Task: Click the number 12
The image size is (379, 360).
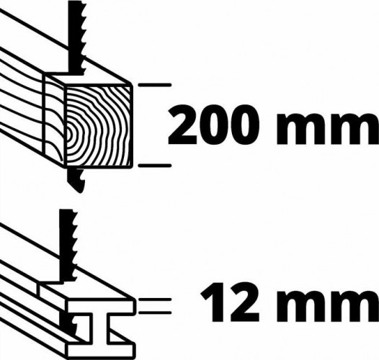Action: pyautogui.click(x=230, y=302)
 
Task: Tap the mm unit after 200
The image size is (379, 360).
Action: pyautogui.click(x=328, y=129)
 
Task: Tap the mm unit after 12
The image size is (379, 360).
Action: pyautogui.click(x=328, y=305)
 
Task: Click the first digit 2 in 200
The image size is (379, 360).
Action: pyautogui.click(x=182, y=125)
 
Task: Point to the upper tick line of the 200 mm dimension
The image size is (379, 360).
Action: pyautogui.click(x=154, y=85)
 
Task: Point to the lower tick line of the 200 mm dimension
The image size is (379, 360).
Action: pyautogui.click(x=154, y=166)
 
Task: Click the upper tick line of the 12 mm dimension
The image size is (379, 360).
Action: pyautogui.click(x=155, y=300)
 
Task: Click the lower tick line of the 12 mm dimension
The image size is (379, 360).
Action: pyautogui.click(x=155, y=312)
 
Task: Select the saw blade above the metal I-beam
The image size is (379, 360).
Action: pyautogui.click(x=68, y=246)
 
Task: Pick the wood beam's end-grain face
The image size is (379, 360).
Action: pyautogui.click(x=99, y=125)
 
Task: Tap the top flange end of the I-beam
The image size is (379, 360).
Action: pyautogui.click(x=101, y=307)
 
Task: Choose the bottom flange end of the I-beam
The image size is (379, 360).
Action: pyautogui.click(x=100, y=351)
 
